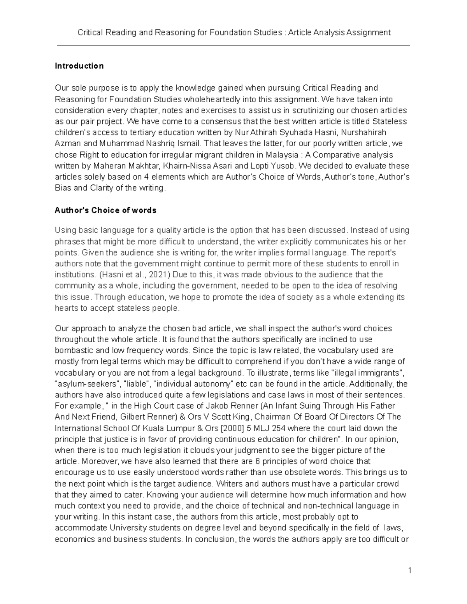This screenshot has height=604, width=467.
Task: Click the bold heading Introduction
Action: pos(79,66)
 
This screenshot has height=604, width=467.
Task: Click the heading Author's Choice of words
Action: pos(105,210)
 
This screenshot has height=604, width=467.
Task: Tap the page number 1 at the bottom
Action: pos(410,571)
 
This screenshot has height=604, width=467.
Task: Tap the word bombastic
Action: pos(72,350)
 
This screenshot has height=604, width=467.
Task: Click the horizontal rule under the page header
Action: pos(233,46)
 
